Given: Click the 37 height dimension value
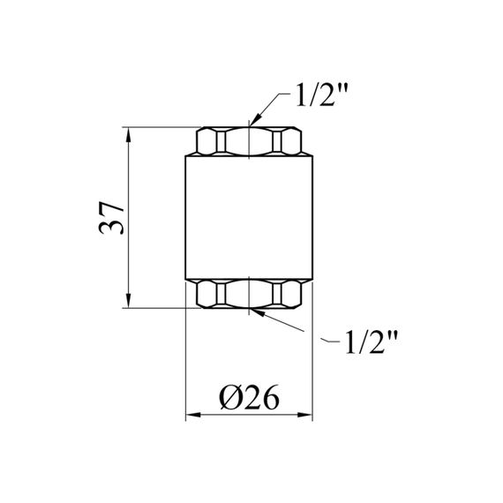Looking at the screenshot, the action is (112, 218).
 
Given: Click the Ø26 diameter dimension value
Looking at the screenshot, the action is (249, 398).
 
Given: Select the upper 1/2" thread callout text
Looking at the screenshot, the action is (321, 94).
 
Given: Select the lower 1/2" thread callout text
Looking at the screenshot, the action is (372, 342).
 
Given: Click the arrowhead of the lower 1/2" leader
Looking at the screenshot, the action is (257, 312).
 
